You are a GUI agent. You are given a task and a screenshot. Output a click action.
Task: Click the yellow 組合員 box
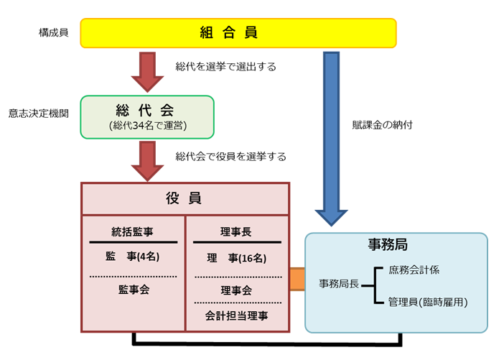[x=238, y=32]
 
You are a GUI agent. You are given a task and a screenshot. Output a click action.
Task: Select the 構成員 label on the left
[x=54, y=33]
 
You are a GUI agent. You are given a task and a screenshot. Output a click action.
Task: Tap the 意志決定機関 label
[x=39, y=113]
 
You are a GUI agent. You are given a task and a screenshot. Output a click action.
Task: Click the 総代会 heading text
[x=147, y=109]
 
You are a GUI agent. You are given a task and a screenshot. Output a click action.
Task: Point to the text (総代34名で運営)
[x=147, y=126]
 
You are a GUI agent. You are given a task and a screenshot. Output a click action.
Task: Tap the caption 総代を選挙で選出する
[x=225, y=67]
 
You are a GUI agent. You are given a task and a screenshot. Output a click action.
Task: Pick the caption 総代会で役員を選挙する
[x=230, y=155]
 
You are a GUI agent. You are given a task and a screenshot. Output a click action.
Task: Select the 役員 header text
[x=185, y=198]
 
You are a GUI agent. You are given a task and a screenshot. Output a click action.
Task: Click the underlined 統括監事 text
[x=133, y=231]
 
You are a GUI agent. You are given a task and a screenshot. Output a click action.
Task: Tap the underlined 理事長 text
[x=235, y=231]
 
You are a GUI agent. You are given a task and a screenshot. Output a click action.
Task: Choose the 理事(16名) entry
[x=235, y=257]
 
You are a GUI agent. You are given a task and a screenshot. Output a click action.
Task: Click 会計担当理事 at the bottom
[x=235, y=314]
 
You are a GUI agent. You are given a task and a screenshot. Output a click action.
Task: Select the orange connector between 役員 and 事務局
[x=297, y=279]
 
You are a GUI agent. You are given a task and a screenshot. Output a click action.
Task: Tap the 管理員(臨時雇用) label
[x=427, y=303]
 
